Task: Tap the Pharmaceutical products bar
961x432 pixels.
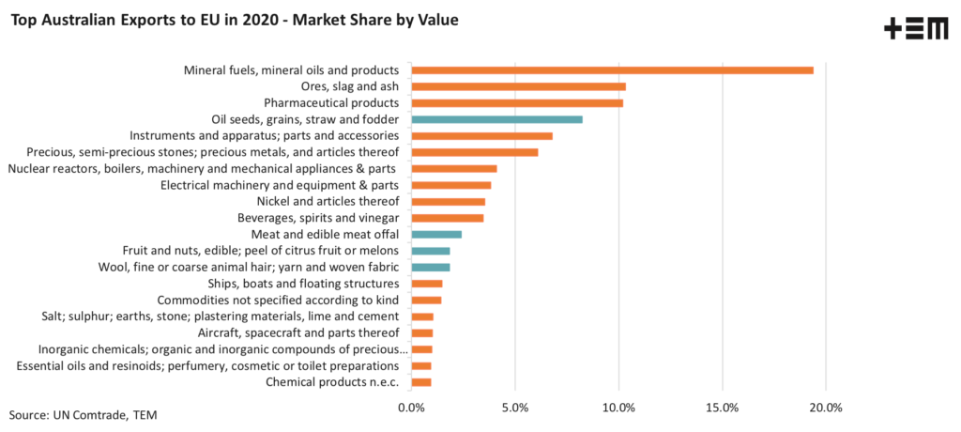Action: pyautogui.click(x=517, y=103)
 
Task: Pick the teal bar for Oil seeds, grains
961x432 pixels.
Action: pyautogui.click(x=496, y=119)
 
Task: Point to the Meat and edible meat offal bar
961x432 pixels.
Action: pyautogui.click(x=436, y=234)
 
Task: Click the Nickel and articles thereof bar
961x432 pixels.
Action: pyautogui.click(x=449, y=201)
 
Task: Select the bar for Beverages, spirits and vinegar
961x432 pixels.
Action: pyautogui.click(x=448, y=218)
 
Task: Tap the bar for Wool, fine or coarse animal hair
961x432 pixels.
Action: pyautogui.click(x=431, y=267)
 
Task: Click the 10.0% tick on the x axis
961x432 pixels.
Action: pyautogui.click(x=618, y=408)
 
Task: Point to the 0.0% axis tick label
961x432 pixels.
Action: pyautogui.click(x=411, y=408)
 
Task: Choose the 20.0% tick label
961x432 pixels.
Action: pyautogui.click(x=826, y=408)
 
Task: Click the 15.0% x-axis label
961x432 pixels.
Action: pyautogui.click(x=723, y=408)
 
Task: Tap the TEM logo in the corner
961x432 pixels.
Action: pyautogui.click(x=916, y=29)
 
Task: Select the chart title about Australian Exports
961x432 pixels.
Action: pyautogui.click(x=234, y=20)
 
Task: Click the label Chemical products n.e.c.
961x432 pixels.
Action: pyautogui.click(x=332, y=381)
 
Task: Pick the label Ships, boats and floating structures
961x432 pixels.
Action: pyautogui.click(x=303, y=284)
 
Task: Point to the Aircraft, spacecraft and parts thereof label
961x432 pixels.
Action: pyautogui.click(x=298, y=332)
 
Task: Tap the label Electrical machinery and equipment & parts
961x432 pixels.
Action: pyautogui.click(x=280, y=185)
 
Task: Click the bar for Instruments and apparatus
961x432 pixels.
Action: pyautogui.click(x=481, y=136)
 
